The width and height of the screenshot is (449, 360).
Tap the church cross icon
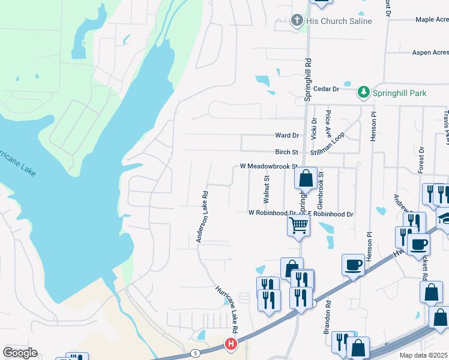[297, 21]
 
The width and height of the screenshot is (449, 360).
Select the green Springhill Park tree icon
[363, 92]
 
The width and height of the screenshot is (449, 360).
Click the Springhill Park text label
[400, 93]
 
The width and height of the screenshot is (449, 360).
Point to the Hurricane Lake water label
[18, 159]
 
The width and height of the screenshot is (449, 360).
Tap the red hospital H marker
[231, 344]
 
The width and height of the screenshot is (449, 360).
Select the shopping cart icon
[299, 226]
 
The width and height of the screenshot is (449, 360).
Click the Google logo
[20, 353]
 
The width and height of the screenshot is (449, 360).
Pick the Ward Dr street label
[286, 136]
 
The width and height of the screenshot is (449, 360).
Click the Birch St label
[286, 152]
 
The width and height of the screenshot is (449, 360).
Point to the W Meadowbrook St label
[268, 166]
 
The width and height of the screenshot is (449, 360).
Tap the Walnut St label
[267, 188]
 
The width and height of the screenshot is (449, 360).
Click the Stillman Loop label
[334, 145]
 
